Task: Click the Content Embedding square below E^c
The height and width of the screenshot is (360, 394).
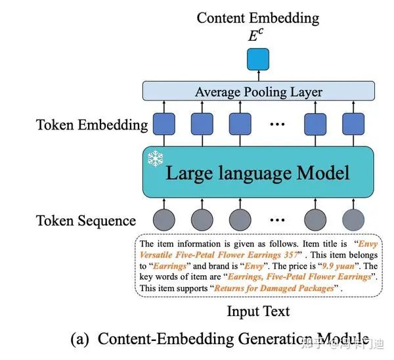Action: click(x=258, y=60)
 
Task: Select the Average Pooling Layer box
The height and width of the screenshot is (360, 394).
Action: click(x=258, y=92)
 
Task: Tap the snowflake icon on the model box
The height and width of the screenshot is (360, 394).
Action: click(x=156, y=158)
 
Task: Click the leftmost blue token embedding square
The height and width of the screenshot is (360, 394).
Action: click(x=164, y=124)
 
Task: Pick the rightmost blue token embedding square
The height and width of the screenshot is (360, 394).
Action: click(x=353, y=124)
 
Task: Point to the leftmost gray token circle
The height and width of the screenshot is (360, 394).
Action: click(x=164, y=219)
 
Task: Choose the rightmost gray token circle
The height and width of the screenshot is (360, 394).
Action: click(x=353, y=219)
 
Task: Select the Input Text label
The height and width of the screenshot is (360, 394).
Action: click(x=258, y=310)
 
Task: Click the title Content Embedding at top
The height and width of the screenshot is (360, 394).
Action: click(x=258, y=17)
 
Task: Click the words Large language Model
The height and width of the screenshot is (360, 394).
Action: click(x=257, y=173)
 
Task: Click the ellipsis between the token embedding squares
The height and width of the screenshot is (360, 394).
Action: click(x=278, y=124)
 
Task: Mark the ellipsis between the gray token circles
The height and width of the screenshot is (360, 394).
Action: click(x=278, y=219)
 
